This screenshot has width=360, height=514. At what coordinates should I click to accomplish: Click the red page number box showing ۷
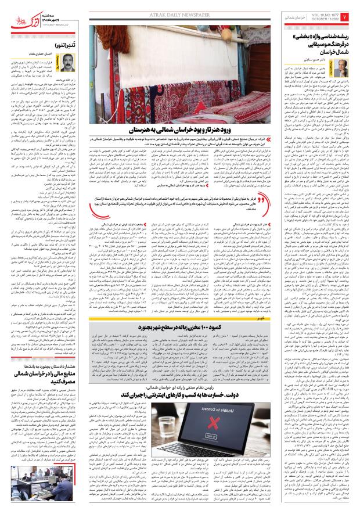(x=352, y=15)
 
